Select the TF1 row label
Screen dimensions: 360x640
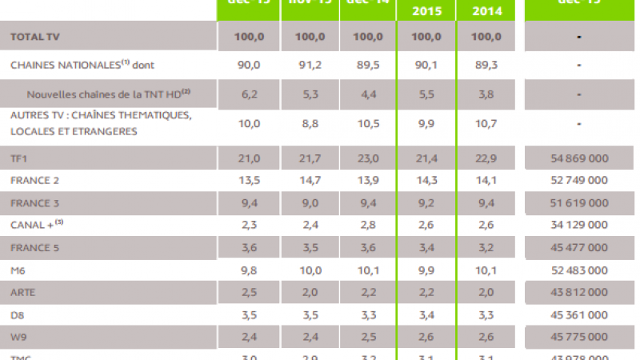coord(18,158)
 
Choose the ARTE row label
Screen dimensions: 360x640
coord(22,293)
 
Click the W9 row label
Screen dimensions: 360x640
coord(18,338)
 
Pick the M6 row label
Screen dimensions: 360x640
coord(18,270)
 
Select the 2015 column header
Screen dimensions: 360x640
coord(426,11)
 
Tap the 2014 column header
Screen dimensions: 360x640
coord(487,11)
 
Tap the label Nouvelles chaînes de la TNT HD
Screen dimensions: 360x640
coord(108,94)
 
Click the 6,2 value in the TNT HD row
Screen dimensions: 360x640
coord(249,94)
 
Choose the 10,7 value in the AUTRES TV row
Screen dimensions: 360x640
coord(487,123)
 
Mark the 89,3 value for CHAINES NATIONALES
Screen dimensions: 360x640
coord(487,63)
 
